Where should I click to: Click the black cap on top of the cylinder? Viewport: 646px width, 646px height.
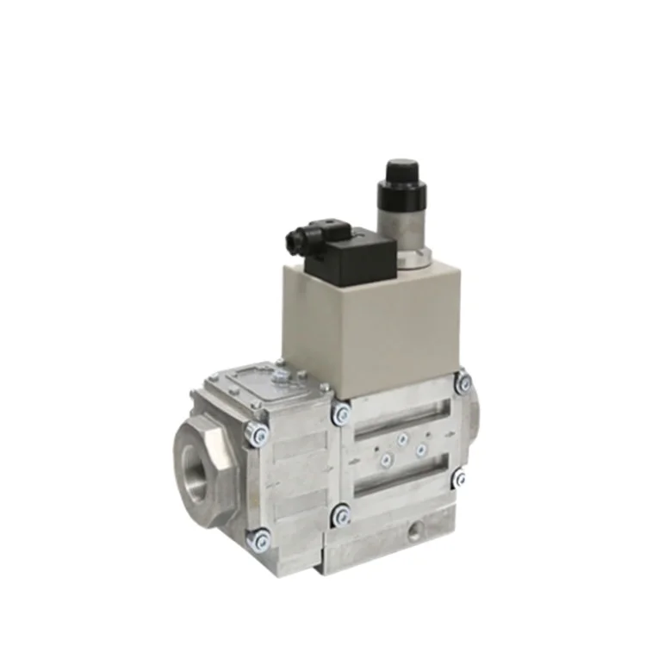tap(401, 176)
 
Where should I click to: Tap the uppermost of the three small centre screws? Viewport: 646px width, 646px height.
tap(401, 439)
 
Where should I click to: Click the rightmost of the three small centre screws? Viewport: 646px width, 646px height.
tap(420, 449)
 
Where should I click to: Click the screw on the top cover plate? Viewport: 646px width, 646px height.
tap(279, 376)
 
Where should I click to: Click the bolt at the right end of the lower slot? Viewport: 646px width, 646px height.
tap(461, 475)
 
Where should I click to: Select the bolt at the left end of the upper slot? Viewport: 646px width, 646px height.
tap(342, 416)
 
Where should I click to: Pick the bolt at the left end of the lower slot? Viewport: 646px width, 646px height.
tap(342, 517)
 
